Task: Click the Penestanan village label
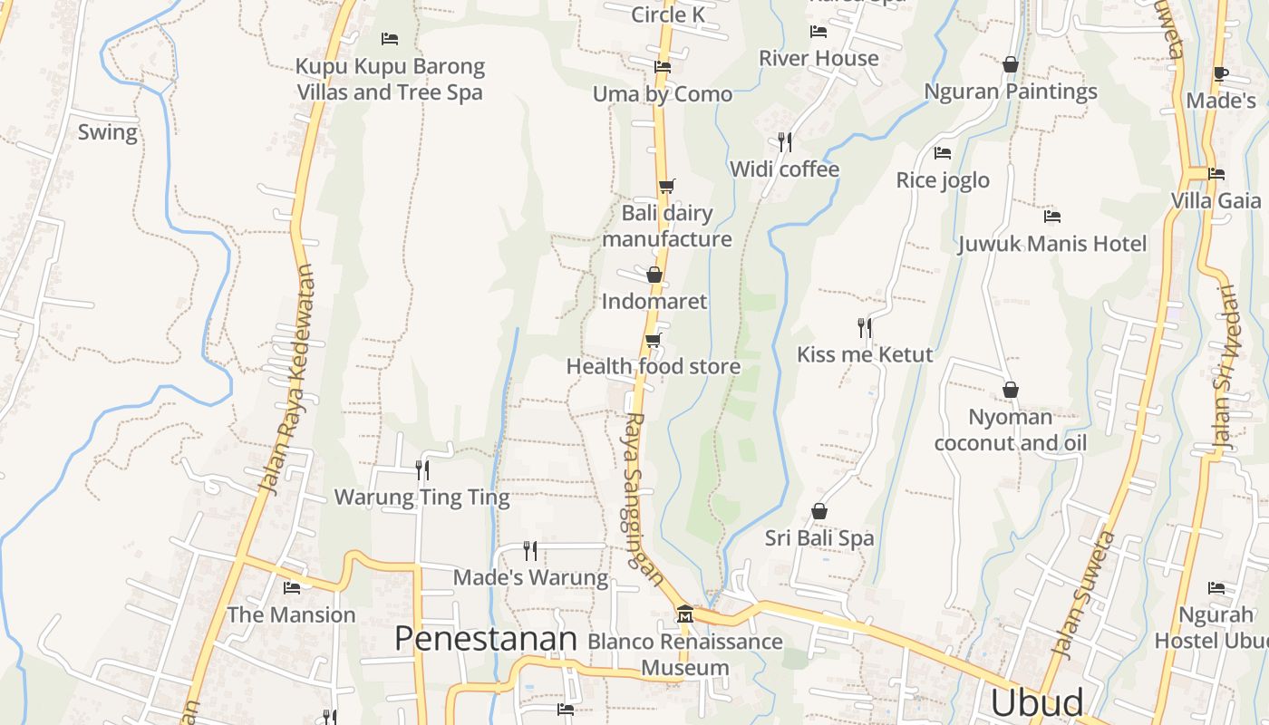pyautogui.click(x=486, y=639)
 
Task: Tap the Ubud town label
pyautogui.click(x=1037, y=703)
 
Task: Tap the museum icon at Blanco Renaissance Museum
pyautogui.click(x=685, y=614)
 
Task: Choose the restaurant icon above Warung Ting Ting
pyautogui.click(x=422, y=469)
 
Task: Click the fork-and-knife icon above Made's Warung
pyautogui.click(x=530, y=550)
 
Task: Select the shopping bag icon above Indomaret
pyautogui.click(x=654, y=274)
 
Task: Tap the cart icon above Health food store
pyautogui.click(x=653, y=340)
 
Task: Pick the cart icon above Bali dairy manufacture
pyautogui.click(x=667, y=186)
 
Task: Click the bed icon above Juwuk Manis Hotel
pyautogui.click(x=1052, y=217)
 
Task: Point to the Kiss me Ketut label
pyautogui.click(x=865, y=354)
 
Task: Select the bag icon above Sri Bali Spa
pyautogui.click(x=819, y=511)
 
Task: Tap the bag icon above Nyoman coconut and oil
pyautogui.click(x=1011, y=390)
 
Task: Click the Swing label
pyautogui.click(x=108, y=132)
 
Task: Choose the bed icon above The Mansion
pyautogui.click(x=292, y=588)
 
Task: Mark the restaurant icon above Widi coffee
pyautogui.click(x=785, y=141)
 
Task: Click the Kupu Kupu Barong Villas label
pyautogui.click(x=390, y=79)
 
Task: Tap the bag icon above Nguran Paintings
pyautogui.click(x=1011, y=64)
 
